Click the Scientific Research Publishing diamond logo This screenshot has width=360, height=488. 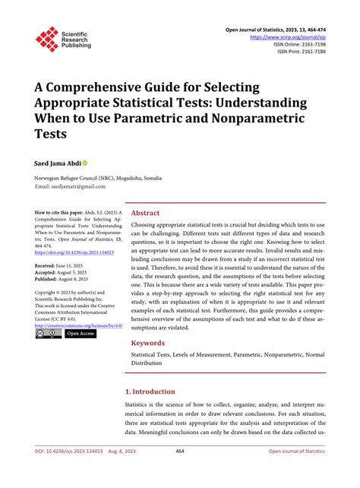coord(47,39)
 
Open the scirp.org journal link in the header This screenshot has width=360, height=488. coord(286,36)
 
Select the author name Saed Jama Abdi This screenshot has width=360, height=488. coord(57,163)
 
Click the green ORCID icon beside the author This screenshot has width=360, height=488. coord(85,163)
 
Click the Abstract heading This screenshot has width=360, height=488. coord(145,214)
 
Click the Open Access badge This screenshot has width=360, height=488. coord(80,333)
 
